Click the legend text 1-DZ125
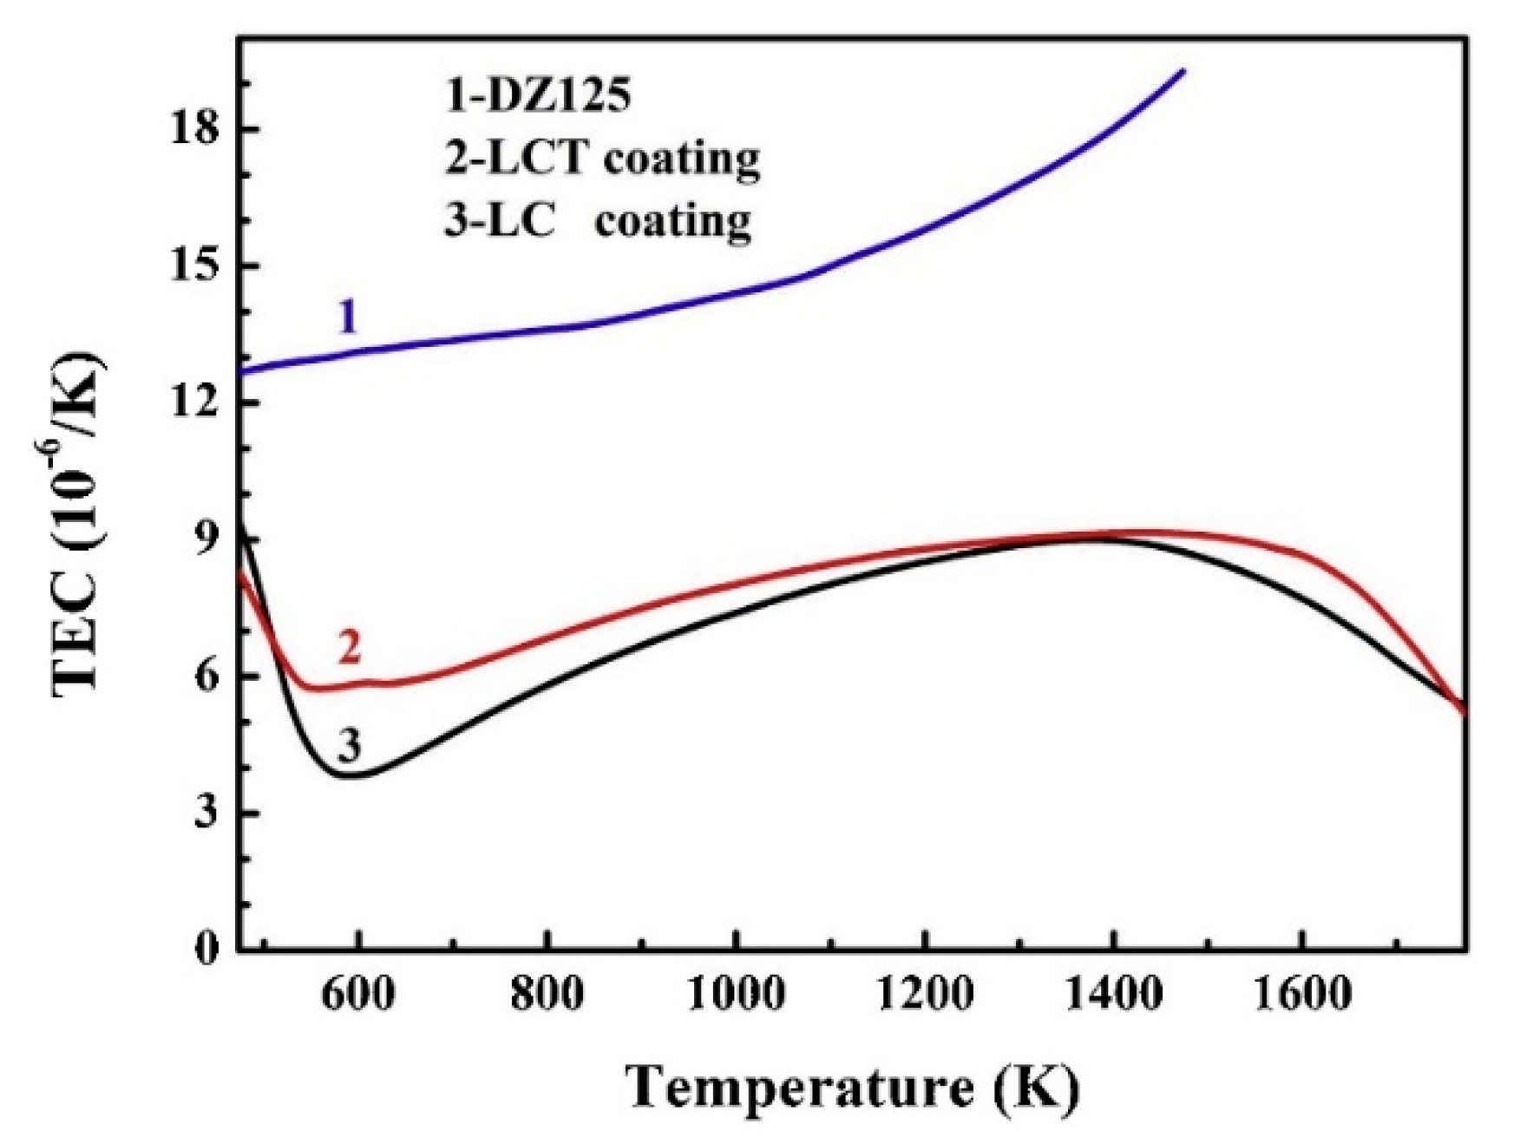pos(538,96)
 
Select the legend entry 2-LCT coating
pos(602,159)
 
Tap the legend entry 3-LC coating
pos(598,221)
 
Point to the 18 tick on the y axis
pos(196,130)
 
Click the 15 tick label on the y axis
pos(196,266)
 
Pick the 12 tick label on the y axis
pos(196,402)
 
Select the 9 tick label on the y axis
pos(207,539)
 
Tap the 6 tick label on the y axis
pos(207,676)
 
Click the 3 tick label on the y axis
pos(207,813)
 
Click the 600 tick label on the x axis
pos(357,994)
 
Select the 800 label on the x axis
pos(547,994)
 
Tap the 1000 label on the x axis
pos(736,994)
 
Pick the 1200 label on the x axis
pos(925,994)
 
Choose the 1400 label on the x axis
pos(1113,994)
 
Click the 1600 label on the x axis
pos(1302,994)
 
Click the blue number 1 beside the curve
pos(348,317)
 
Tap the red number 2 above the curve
pos(349,647)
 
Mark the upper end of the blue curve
pos(1183,70)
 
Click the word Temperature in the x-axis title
pos(799,1087)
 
